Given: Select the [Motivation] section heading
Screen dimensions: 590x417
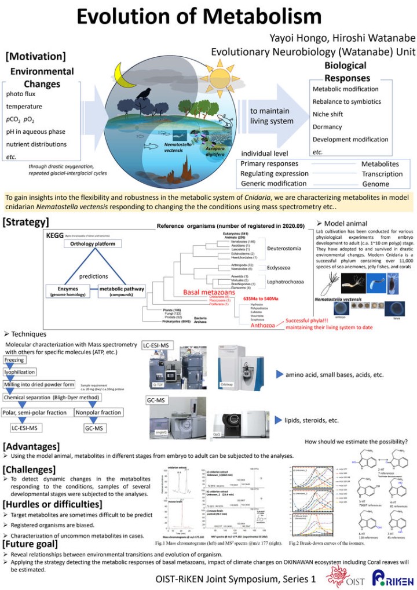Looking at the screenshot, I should pos(35,57).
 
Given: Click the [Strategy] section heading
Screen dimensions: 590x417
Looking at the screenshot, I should pos(26,221).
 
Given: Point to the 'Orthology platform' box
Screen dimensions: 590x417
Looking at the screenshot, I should pos(96,244).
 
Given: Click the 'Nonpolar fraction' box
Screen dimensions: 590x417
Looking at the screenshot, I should pos(98,412).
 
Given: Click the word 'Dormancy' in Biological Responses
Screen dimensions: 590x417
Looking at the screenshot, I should pos(328,127).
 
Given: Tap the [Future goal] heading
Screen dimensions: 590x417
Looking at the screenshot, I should pos(31,544).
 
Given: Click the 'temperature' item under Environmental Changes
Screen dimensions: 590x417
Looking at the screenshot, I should pos(24,107).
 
